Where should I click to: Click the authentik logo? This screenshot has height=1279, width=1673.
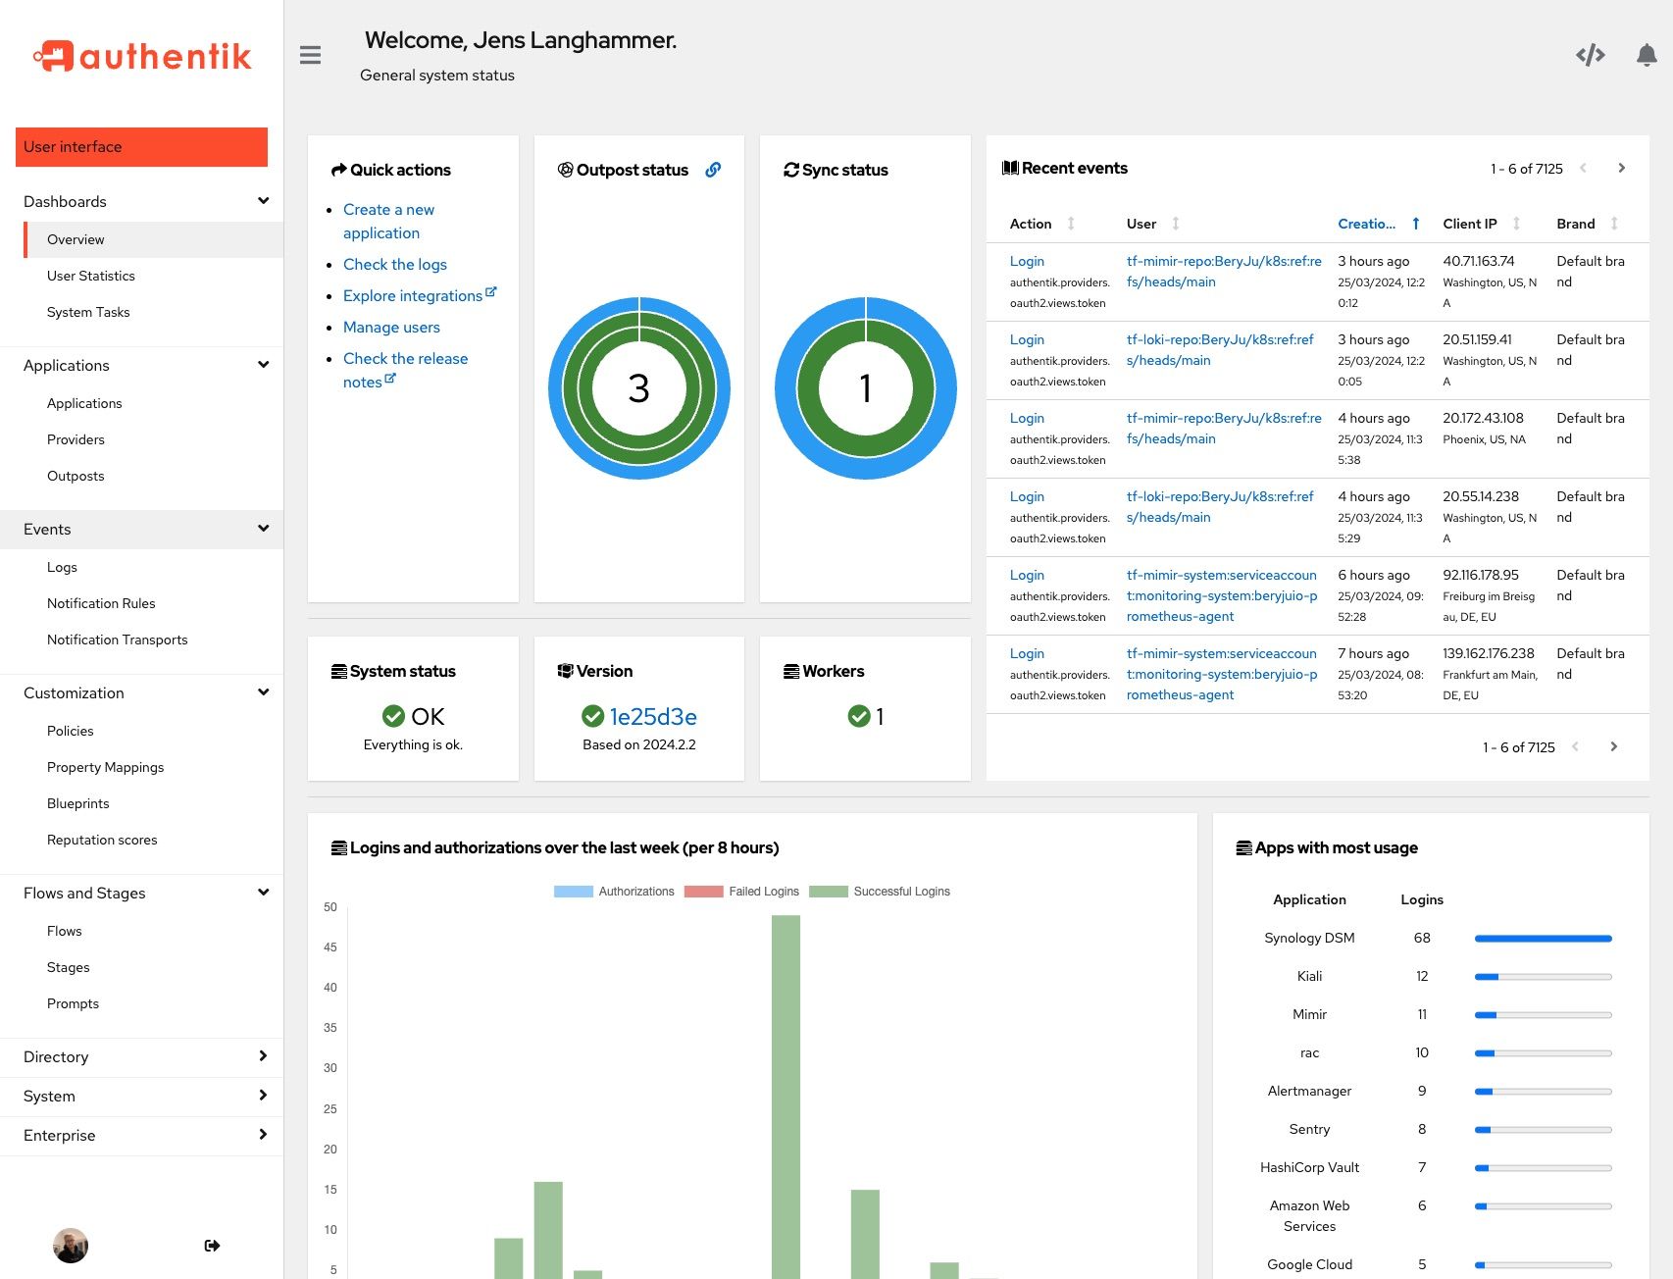pyautogui.click(x=142, y=57)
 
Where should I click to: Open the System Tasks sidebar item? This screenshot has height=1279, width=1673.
pyautogui.click(x=88, y=312)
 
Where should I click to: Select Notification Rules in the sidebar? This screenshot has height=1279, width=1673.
pyautogui.click(x=101, y=603)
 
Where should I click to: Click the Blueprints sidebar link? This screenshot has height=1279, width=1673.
pyautogui.click(x=77, y=803)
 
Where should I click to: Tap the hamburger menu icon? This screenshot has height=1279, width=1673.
pyautogui.click(x=310, y=55)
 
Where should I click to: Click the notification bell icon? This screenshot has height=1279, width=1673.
pyautogui.click(x=1647, y=55)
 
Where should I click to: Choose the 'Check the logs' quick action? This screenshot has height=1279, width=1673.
pyautogui.click(x=394, y=264)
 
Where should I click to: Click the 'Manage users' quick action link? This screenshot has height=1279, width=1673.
pyautogui.click(x=391, y=327)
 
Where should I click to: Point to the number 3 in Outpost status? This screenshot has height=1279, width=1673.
pyautogui.click(x=638, y=388)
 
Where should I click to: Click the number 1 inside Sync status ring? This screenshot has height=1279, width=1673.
pyautogui.click(x=865, y=388)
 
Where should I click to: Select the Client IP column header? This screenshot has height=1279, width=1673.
pyautogui.click(x=1469, y=224)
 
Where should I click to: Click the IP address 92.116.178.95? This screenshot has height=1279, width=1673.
pyautogui.click(x=1480, y=575)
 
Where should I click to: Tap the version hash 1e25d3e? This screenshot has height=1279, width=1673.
pyautogui.click(x=652, y=717)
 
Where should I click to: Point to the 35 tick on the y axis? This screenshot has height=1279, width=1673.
pyautogui.click(x=330, y=1028)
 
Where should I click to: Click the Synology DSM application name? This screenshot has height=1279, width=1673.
pyautogui.click(x=1309, y=938)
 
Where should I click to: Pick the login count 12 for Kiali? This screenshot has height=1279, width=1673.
pyautogui.click(x=1422, y=976)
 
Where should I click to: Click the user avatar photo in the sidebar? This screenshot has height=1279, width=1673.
pyautogui.click(x=71, y=1246)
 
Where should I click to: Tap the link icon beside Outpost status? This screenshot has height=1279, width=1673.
pyautogui.click(x=713, y=170)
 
